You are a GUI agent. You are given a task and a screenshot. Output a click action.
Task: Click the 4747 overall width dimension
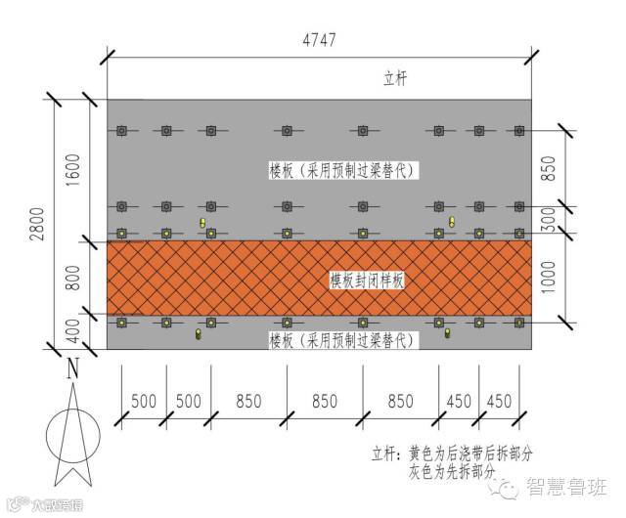[x=319, y=40]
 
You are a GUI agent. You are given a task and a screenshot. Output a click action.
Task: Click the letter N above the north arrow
[x=71, y=369]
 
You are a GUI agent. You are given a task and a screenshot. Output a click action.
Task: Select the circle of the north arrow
[x=73, y=430]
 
